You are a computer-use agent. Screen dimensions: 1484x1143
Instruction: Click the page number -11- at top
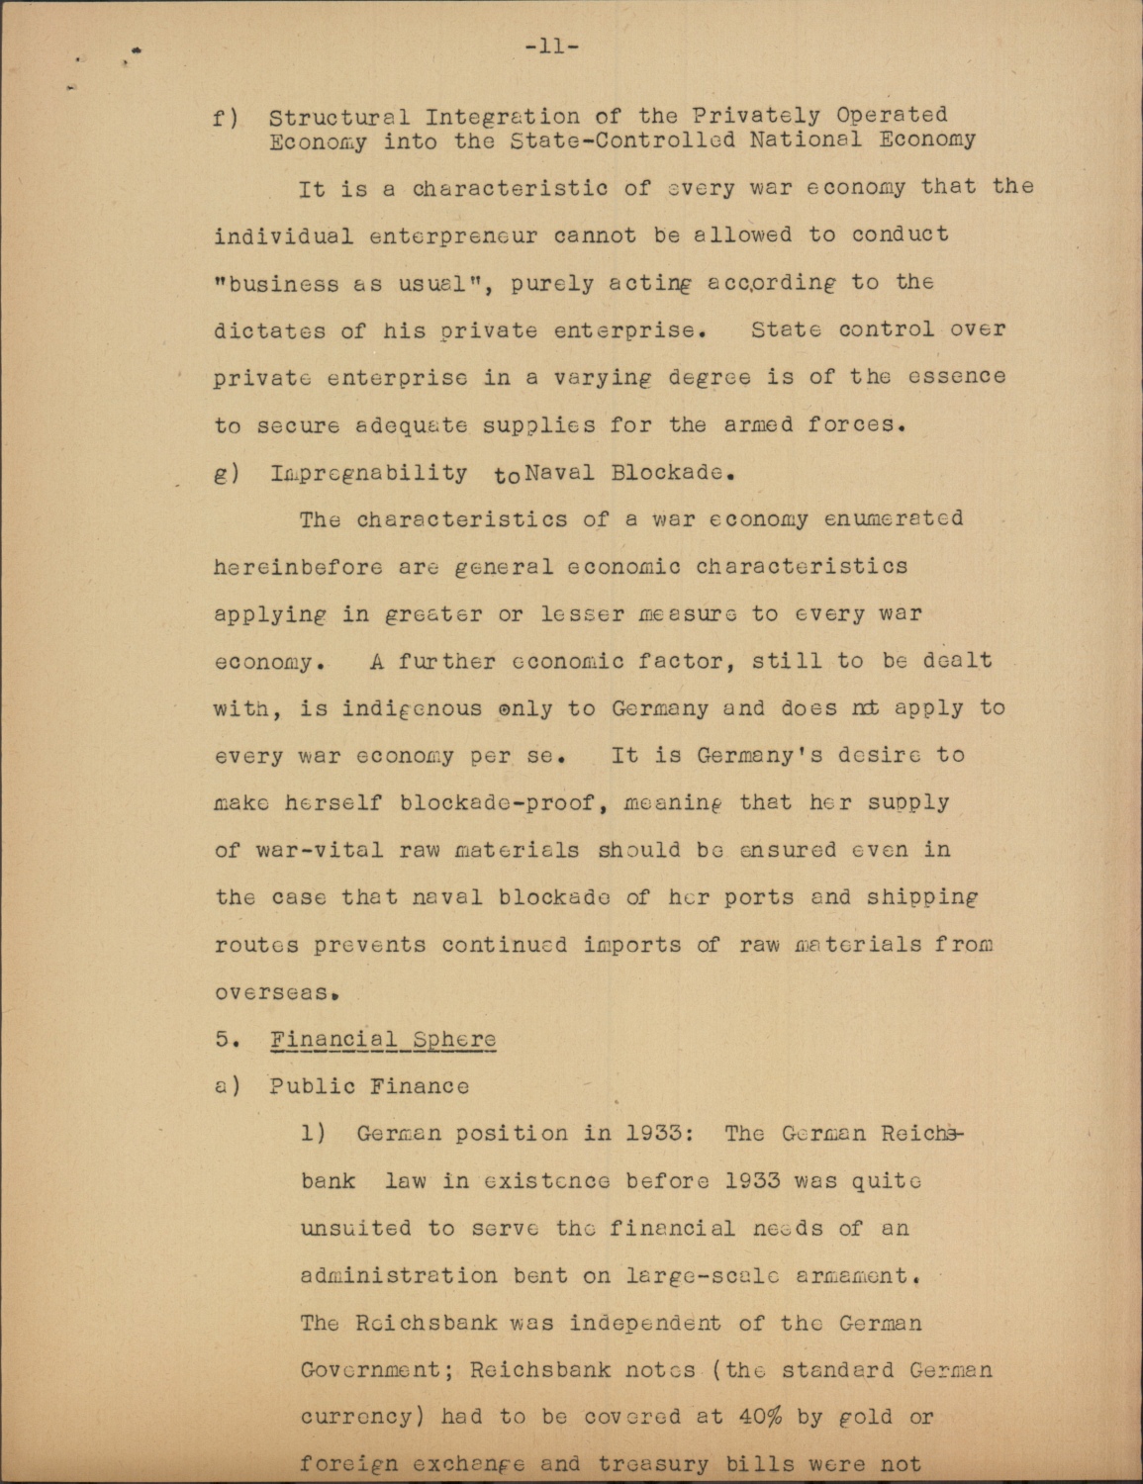coord(551,46)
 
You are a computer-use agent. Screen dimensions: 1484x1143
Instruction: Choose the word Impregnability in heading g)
coord(368,472)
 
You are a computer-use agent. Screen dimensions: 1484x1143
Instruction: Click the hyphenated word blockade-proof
coord(495,802)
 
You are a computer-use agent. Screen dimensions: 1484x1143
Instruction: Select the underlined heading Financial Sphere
coord(382,1040)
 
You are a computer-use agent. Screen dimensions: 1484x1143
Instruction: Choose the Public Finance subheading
coord(369,1086)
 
